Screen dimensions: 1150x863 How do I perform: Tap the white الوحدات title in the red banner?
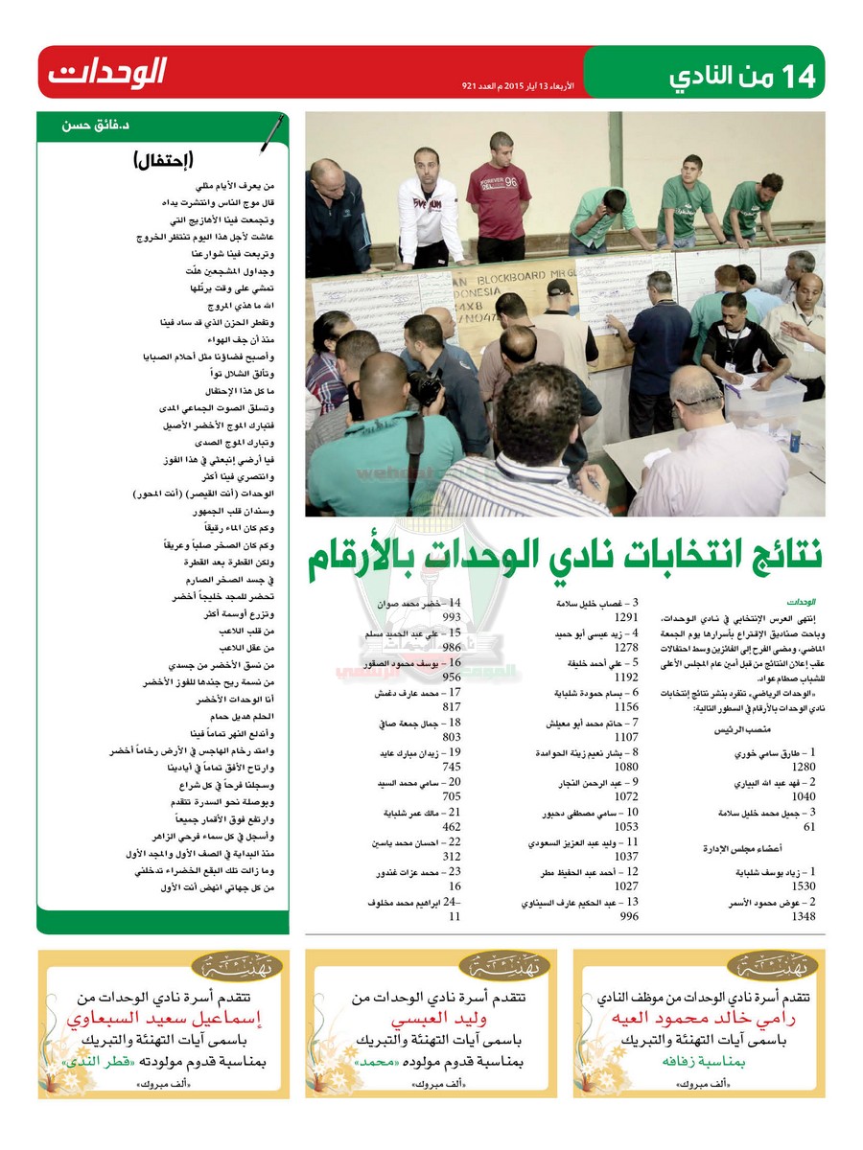tap(106, 72)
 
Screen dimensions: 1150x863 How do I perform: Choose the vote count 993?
tap(447, 618)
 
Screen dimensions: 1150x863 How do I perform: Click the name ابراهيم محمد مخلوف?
tap(412, 903)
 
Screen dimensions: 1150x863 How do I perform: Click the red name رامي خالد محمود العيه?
tap(699, 1018)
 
